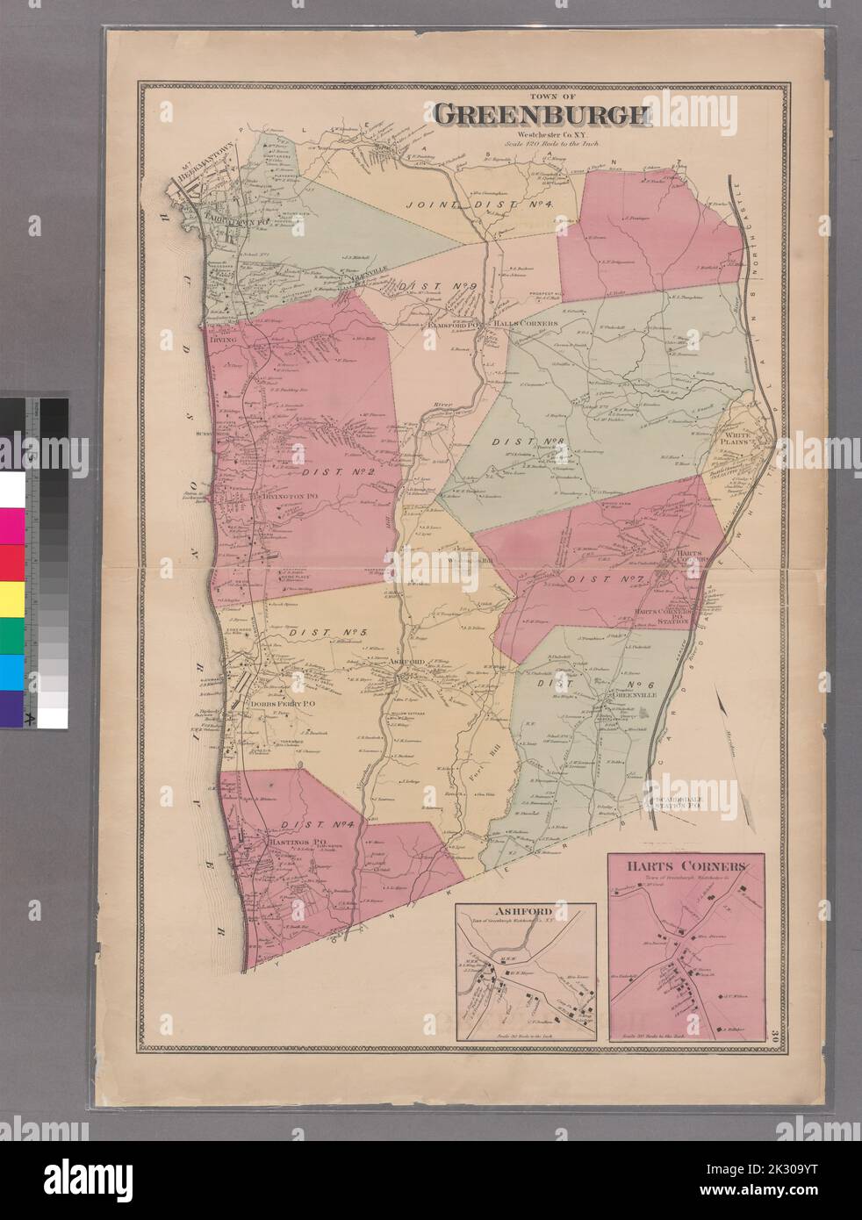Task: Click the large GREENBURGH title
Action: click(540, 115)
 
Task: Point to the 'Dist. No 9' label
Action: click(424, 286)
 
